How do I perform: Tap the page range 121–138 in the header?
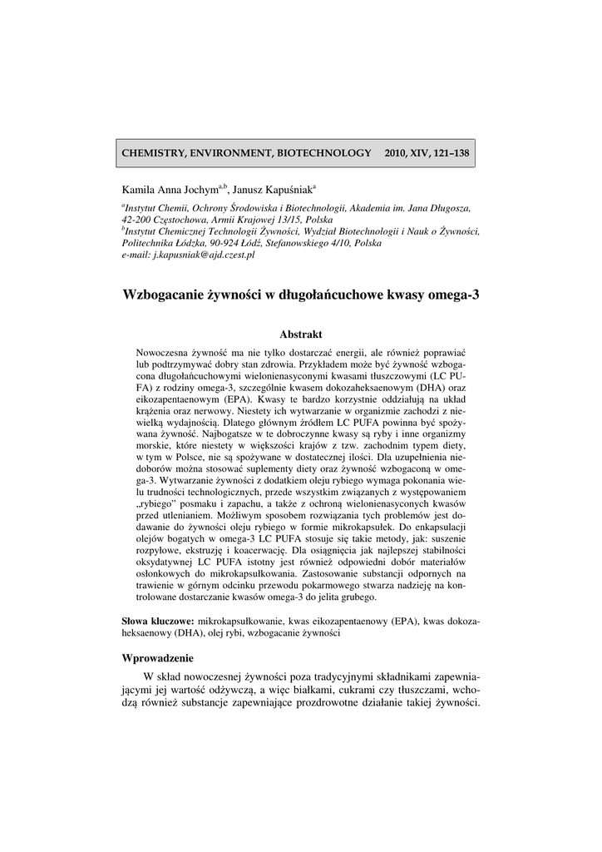(x=449, y=153)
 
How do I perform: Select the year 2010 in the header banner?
(x=398, y=153)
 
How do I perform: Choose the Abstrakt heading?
(x=300, y=334)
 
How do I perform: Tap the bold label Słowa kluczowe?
(x=158, y=621)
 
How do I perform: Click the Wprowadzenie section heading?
(x=158, y=657)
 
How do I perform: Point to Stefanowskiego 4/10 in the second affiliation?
(x=308, y=243)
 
